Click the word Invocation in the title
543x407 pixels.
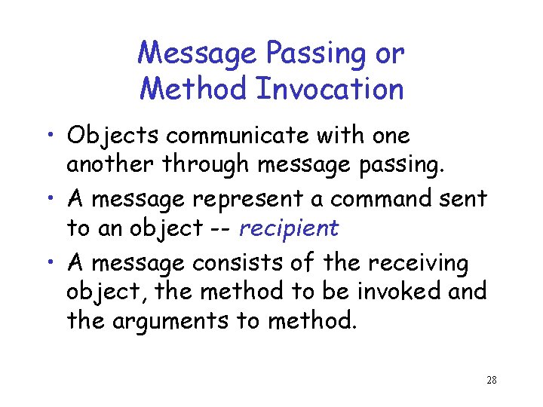point(330,89)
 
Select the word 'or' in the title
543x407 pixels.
point(388,54)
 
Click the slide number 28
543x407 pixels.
point(491,380)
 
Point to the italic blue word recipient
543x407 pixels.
point(290,228)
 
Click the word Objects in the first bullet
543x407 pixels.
point(113,136)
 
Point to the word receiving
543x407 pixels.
point(417,265)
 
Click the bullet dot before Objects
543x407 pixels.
point(54,137)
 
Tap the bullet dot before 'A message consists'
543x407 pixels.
point(54,265)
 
